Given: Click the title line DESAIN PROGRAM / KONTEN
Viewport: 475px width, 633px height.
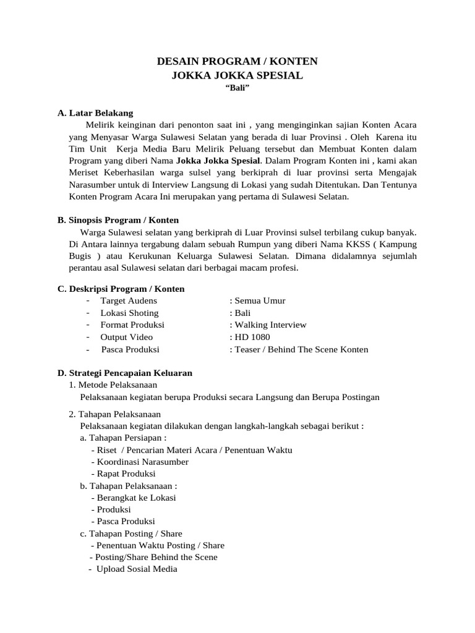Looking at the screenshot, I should pyautogui.click(x=237, y=61).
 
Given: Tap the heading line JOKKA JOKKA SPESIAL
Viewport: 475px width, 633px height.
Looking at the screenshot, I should pyautogui.click(x=237, y=75).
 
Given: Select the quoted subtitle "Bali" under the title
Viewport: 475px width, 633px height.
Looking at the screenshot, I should pyautogui.click(x=237, y=89).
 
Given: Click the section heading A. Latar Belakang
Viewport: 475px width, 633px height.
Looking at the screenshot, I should pyautogui.click(x=95, y=113).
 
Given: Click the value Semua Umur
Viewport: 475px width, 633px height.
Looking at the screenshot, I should pyautogui.click(x=257, y=300).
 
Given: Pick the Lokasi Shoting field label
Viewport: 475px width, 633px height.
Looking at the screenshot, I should pyautogui.click(x=129, y=313).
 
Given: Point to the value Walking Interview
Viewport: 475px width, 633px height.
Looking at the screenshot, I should pyautogui.click(x=268, y=325).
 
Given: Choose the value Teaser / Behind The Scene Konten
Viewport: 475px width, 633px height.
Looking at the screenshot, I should pyautogui.click(x=299, y=349).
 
